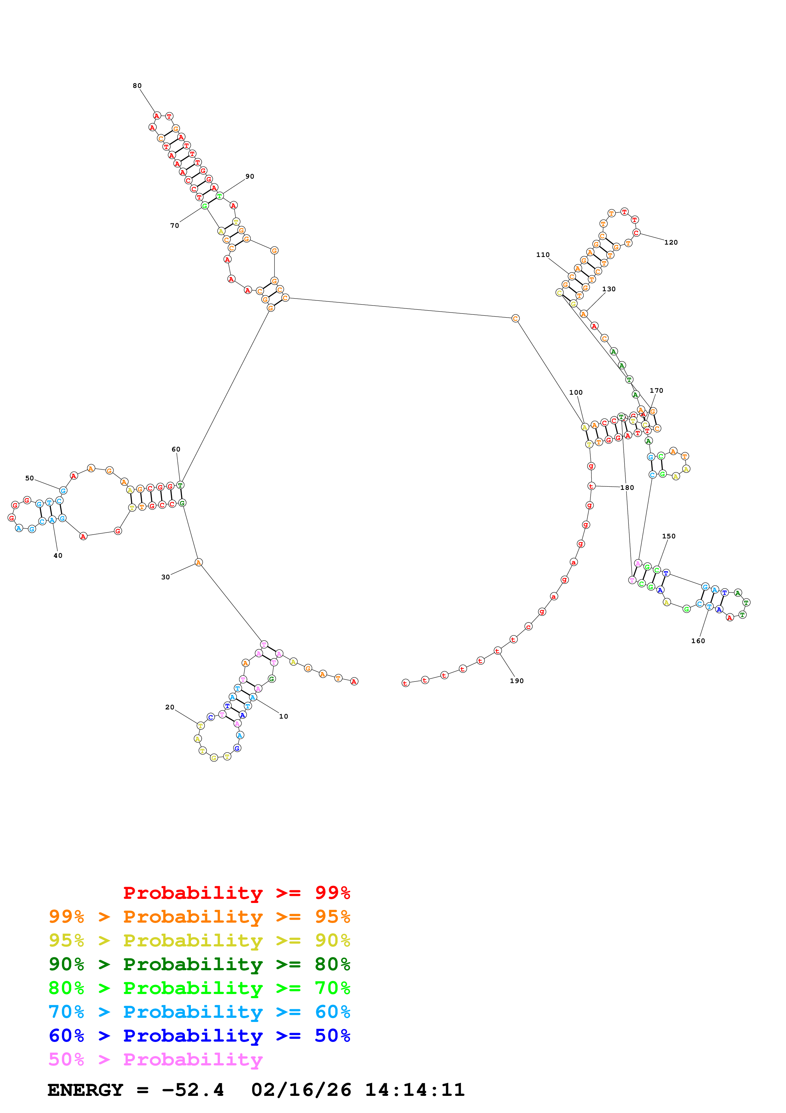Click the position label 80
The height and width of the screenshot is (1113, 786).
click(137, 86)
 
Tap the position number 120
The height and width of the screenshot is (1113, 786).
click(670, 242)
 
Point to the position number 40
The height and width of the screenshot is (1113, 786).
click(58, 556)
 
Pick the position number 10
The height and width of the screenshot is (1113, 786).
click(283, 716)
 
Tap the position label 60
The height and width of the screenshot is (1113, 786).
click(176, 449)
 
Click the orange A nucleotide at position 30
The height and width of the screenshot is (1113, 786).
click(198, 562)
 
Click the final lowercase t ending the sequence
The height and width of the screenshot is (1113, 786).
click(405, 683)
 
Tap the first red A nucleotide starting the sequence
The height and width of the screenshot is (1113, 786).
click(354, 681)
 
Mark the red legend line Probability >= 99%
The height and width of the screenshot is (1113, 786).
click(236, 893)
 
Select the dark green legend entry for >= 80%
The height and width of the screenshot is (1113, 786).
click(199, 964)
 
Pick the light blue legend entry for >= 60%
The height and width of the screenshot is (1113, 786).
click(199, 1012)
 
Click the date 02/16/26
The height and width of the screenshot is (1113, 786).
click(301, 1090)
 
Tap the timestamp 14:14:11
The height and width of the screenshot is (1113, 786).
click(414, 1090)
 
